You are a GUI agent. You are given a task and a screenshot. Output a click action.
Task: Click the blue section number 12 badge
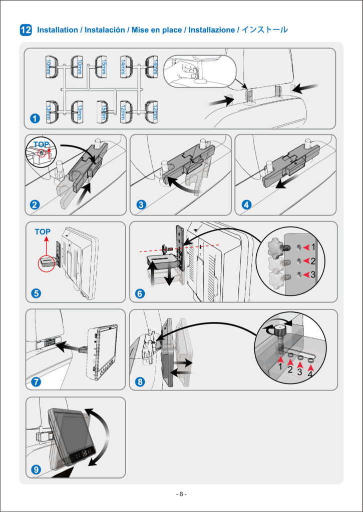pos(26,30)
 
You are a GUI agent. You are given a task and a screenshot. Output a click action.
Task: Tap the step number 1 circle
pos(35,119)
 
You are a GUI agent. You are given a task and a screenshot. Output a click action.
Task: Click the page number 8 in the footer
pos(182,494)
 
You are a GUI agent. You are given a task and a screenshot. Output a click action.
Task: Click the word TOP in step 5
pos(43,232)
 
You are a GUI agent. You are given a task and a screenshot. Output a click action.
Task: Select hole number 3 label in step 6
pos(313,274)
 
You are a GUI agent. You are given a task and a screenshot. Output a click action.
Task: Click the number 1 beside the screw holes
pos(313,247)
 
